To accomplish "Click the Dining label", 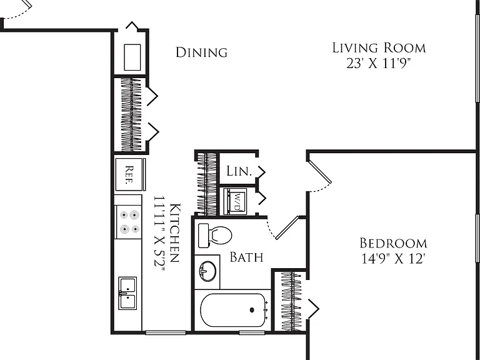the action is (201, 52).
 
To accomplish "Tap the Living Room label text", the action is (379, 47).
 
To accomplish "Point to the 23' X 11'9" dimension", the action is (378, 63).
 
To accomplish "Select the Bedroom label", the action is (393, 243).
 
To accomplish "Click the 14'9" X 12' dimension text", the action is (393, 259).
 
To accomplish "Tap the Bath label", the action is (246, 257).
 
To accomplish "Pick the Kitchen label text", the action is (174, 232).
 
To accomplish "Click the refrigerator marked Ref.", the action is (130, 174).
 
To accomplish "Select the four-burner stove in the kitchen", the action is (128, 222).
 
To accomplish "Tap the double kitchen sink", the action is (127, 293).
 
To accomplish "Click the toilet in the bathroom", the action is (215, 236).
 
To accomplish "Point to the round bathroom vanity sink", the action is (207, 271).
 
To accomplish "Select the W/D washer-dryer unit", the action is (236, 201).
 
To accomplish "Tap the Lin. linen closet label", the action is (239, 171).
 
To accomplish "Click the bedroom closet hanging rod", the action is (292, 301).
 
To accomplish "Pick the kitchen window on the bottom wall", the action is (166, 332).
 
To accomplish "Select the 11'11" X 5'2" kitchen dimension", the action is (159, 234).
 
